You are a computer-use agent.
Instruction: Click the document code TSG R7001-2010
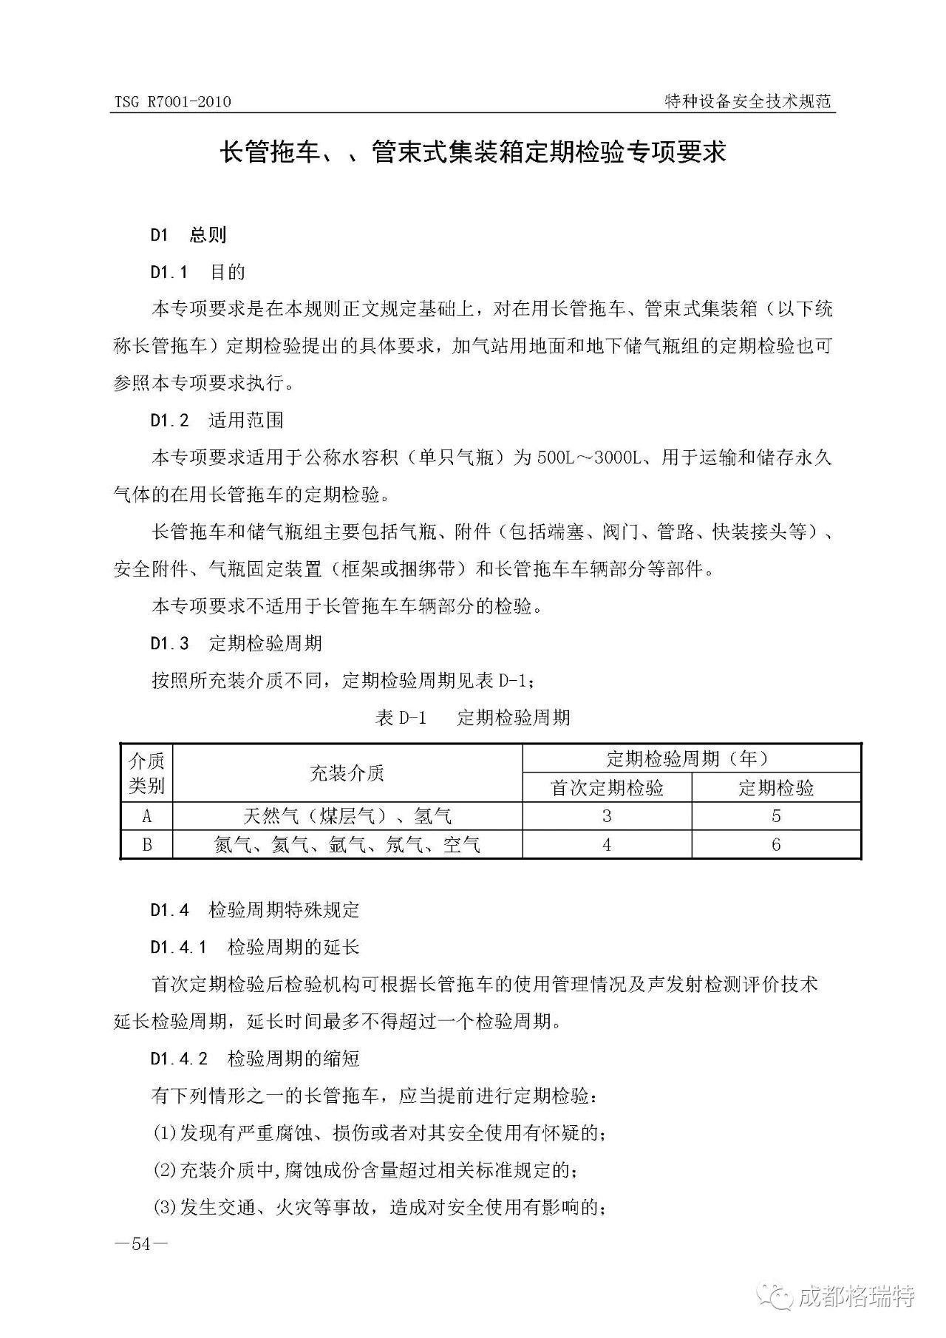point(172,102)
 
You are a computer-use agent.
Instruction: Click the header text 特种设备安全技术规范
point(748,102)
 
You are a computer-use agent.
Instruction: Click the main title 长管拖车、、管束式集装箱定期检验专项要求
point(473,153)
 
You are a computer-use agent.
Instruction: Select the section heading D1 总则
point(188,235)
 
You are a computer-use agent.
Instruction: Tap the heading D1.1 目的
point(197,272)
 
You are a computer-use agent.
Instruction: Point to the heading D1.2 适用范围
point(217,421)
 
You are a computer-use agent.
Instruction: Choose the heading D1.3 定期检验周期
point(236,643)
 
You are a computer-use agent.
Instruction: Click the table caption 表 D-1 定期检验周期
point(473,717)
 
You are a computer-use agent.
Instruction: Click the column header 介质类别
point(146,772)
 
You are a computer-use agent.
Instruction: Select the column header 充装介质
point(347,773)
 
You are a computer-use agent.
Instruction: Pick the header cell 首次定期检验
point(607,788)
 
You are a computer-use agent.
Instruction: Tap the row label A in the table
point(146,817)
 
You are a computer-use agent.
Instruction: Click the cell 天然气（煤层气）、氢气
point(347,817)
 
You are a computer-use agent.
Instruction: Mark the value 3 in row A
point(607,817)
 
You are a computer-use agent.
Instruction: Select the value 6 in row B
point(776,845)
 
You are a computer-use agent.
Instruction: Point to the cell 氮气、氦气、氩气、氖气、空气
point(347,845)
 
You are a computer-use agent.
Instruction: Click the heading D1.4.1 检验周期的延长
point(255,947)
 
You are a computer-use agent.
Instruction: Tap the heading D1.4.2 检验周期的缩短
point(255,1059)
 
